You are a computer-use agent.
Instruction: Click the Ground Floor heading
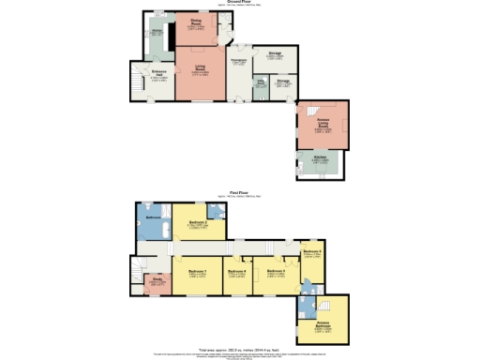(x=239, y=3)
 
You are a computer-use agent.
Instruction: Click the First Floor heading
(x=239, y=192)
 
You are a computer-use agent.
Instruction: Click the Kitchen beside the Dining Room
(x=157, y=33)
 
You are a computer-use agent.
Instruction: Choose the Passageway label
(x=238, y=62)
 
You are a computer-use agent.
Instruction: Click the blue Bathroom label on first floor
(x=153, y=217)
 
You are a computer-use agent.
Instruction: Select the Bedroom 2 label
(x=197, y=223)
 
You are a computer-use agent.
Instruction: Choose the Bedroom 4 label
(x=237, y=273)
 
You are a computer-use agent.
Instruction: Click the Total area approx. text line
(x=239, y=348)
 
